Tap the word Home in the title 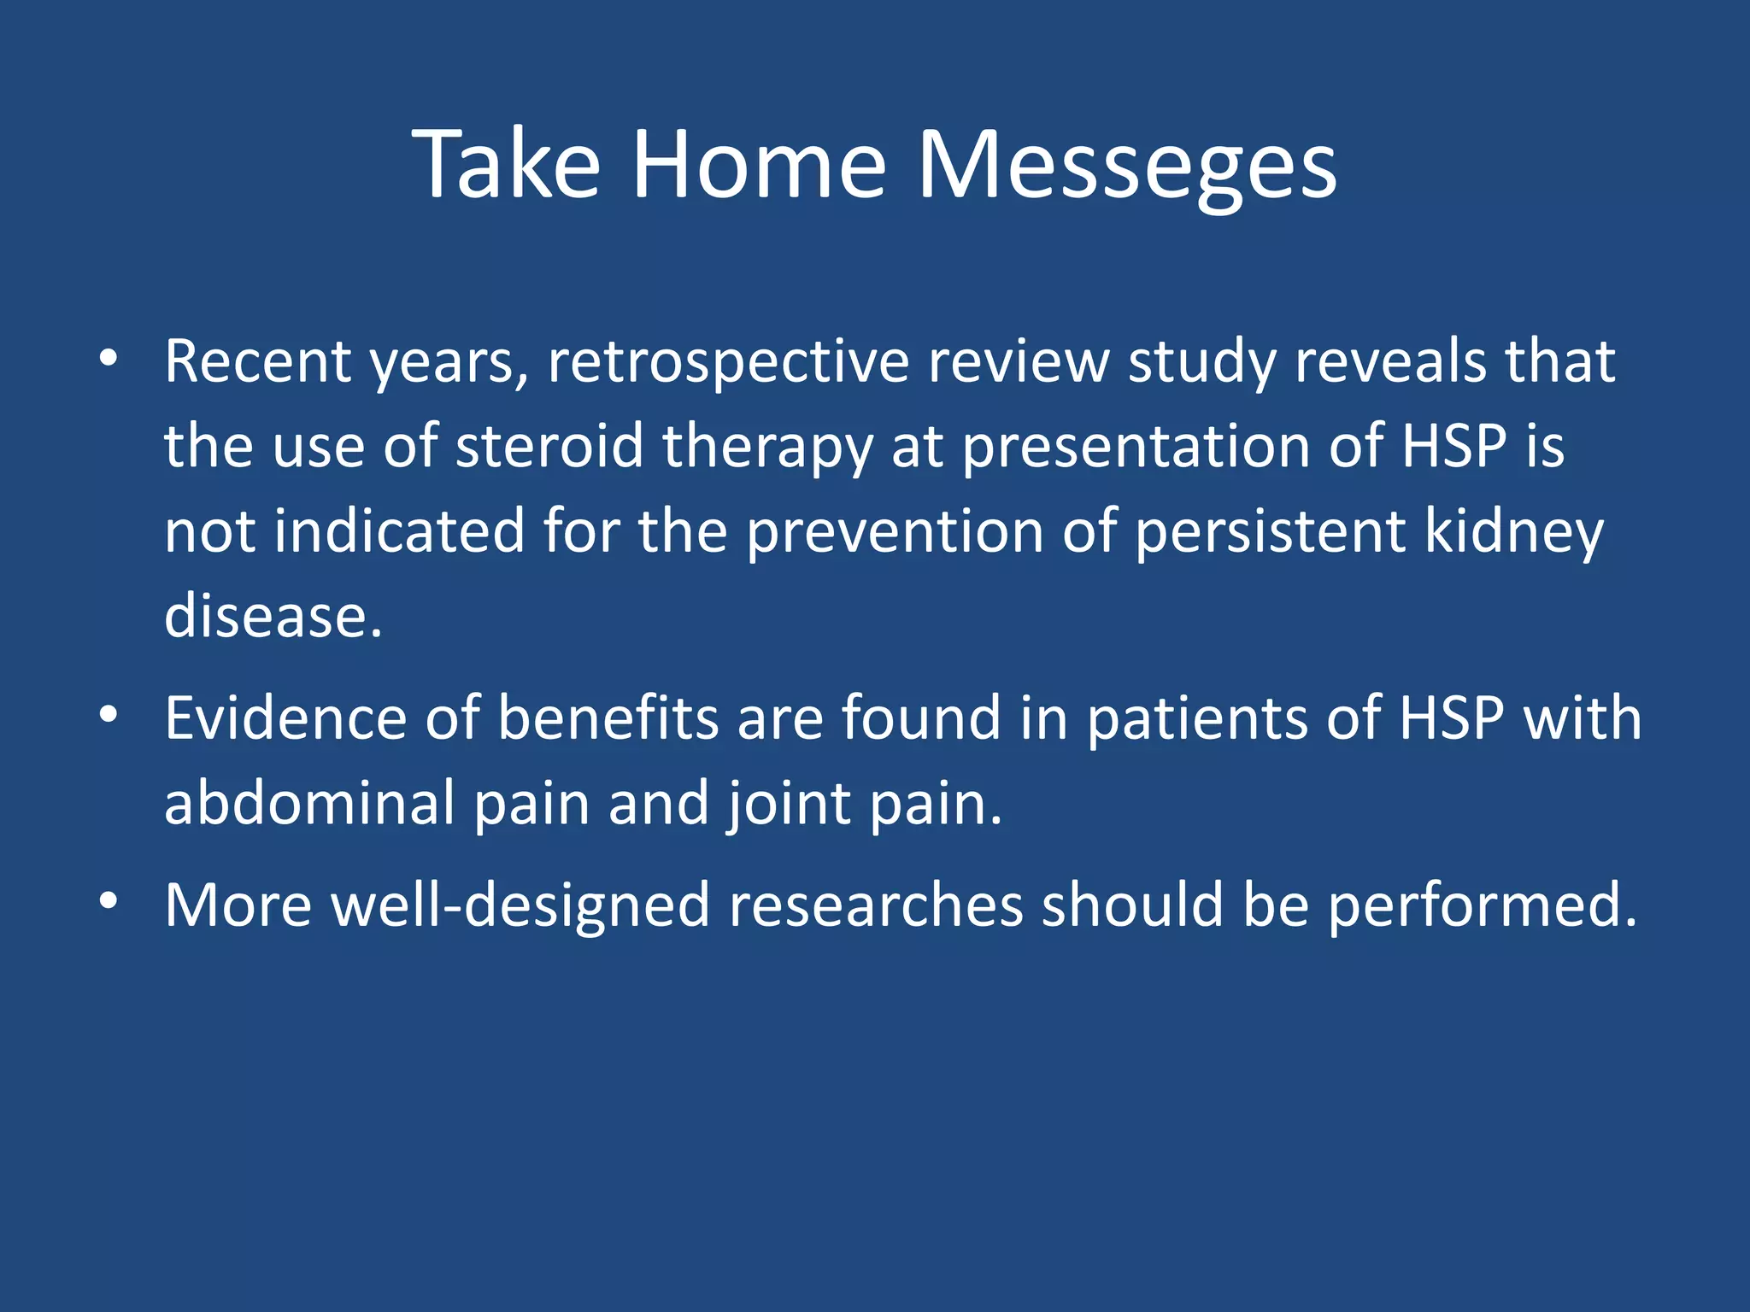pos(759,164)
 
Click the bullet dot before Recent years pos(108,359)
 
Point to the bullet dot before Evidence pos(108,715)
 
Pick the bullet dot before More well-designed pos(108,901)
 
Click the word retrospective pos(728,362)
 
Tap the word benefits pos(608,717)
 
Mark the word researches pos(876,905)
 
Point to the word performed pos(1483,905)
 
